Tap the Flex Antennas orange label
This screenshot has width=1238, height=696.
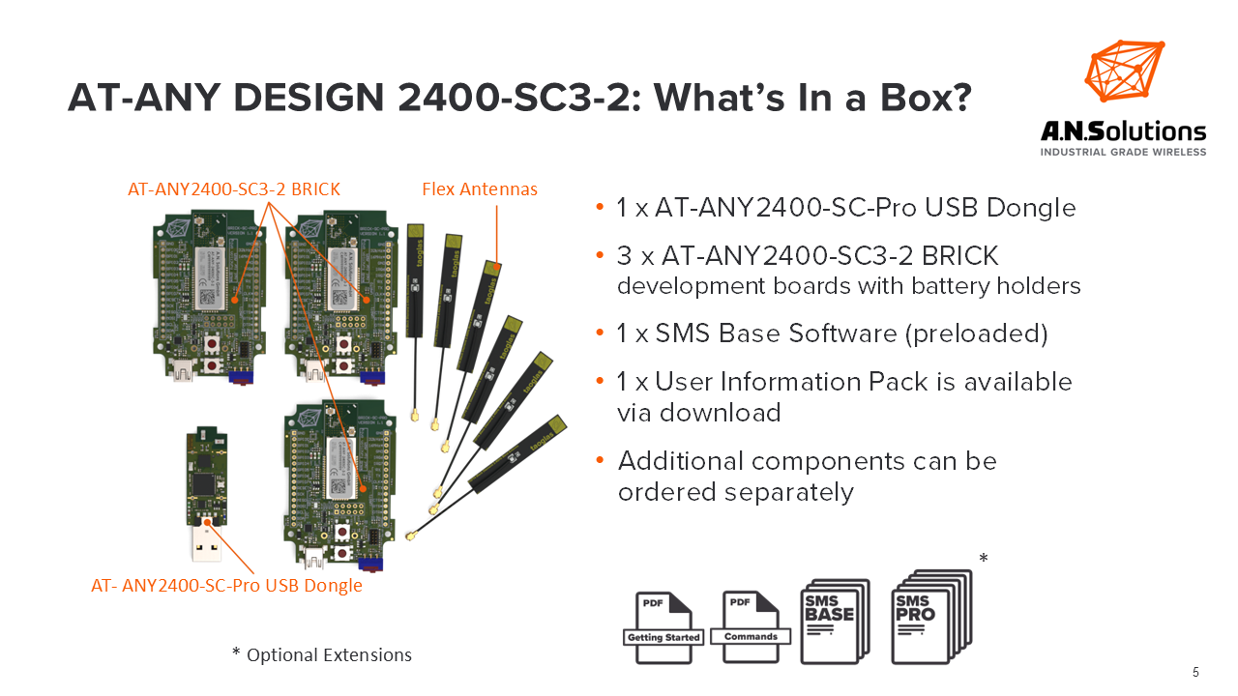[479, 188]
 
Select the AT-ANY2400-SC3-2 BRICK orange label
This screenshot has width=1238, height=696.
[234, 188]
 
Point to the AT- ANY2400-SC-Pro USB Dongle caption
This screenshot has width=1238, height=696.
[226, 585]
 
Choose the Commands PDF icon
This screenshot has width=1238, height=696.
[751, 624]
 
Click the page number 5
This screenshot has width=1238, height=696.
[1196, 672]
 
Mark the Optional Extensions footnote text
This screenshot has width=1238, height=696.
[322, 655]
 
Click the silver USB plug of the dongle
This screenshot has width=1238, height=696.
[207, 544]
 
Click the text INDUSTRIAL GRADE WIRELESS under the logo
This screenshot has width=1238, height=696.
[1123, 152]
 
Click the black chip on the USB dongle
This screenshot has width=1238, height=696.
[204, 482]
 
